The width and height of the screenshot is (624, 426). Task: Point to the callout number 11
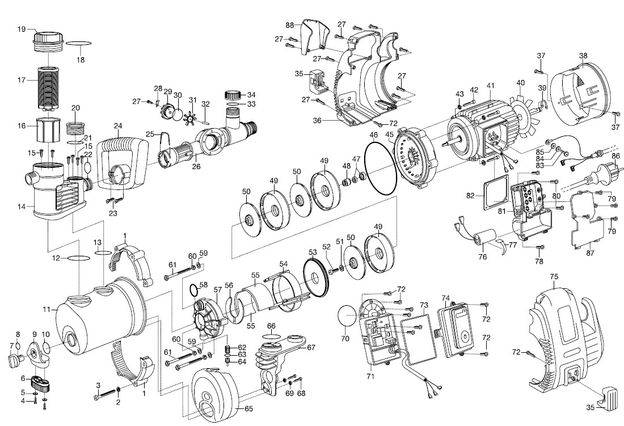pos(46,310)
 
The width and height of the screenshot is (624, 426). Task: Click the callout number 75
pos(554,276)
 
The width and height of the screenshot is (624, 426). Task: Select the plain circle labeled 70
pos(347,316)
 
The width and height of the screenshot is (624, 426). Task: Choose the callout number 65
pos(248,407)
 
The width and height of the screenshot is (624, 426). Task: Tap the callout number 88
pos(290,26)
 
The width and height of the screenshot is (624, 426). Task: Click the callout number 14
pos(22,206)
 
